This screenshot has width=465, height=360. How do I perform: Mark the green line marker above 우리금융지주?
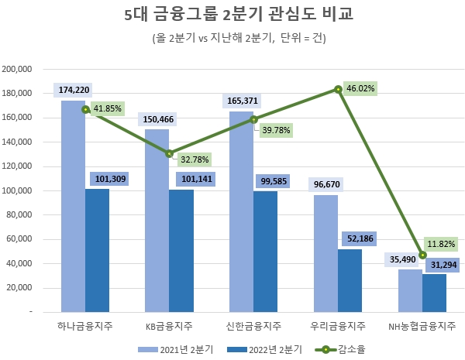click(x=339, y=89)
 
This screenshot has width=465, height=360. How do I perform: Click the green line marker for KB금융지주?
click(x=170, y=153)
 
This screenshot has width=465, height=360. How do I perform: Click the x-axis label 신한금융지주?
click(x=254, y=326)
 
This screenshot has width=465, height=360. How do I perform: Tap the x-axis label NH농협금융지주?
click(x=422, y=326)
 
